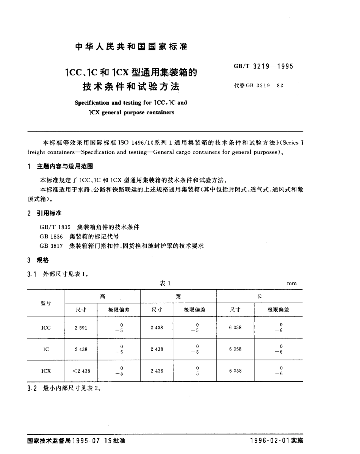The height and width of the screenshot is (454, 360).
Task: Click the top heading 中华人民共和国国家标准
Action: click(131, 47)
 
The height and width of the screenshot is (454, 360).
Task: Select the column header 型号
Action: click(46, 303)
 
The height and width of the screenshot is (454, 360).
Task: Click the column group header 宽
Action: click(178, 296)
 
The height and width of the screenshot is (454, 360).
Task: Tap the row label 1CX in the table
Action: click(46, 371)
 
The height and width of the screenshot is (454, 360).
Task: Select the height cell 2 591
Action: click(80, 327)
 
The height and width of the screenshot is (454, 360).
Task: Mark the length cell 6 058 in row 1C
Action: click(235, 349)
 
